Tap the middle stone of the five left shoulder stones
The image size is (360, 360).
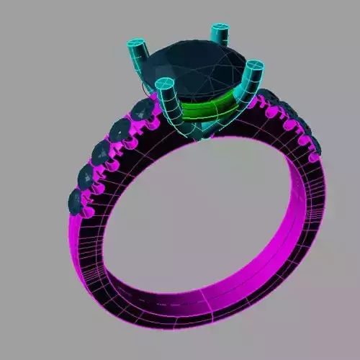pyautogui.click(x=102, y=153)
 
